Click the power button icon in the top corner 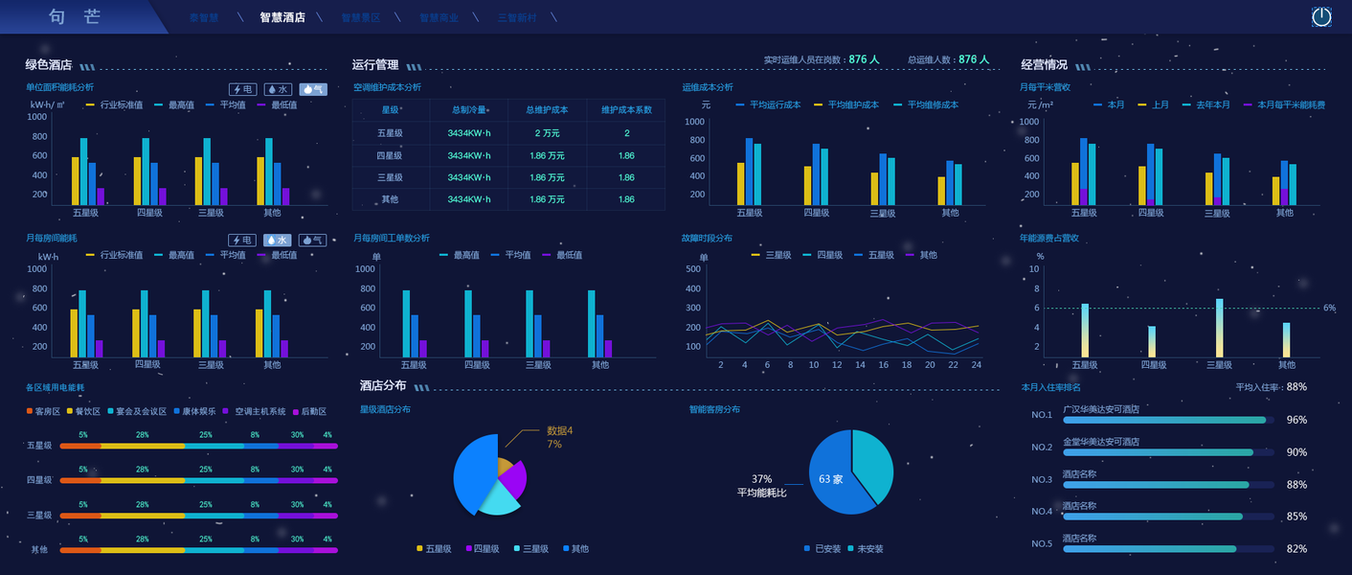pos(1321,16)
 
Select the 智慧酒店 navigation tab pos(282,17)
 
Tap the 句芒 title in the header pos(74,17)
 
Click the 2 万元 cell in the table pos(547,133)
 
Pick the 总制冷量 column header pos(468,110)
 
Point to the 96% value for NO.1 pos(1296,420)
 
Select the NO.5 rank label pos(1042,543)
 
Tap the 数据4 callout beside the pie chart pos(559,431)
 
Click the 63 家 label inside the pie pos(830,479)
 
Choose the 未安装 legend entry pos(869,549)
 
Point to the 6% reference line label pos(1329,308)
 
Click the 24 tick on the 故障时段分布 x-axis pos(976,365)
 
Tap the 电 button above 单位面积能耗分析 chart pos(241,89)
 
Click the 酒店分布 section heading pos(383,385)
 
